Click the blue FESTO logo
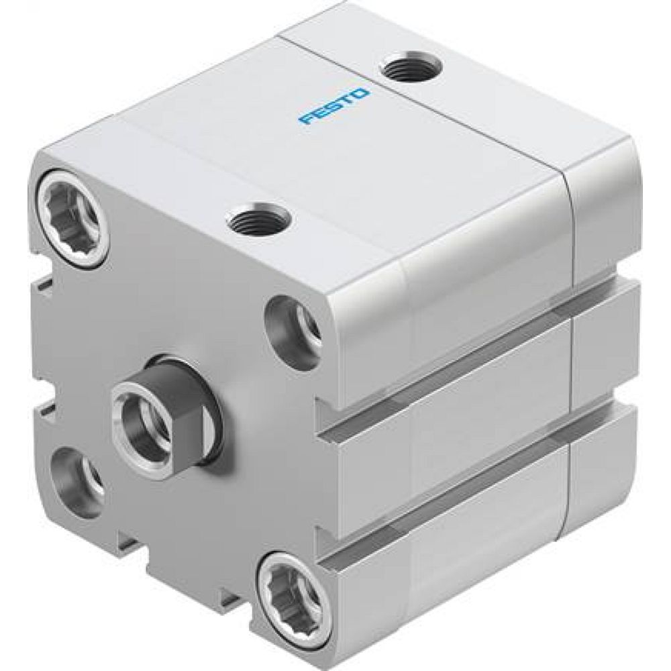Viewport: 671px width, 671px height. (334, 105)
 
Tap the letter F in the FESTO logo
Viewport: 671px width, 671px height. (307, 121)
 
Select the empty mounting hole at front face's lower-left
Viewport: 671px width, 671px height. (76, 481)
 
